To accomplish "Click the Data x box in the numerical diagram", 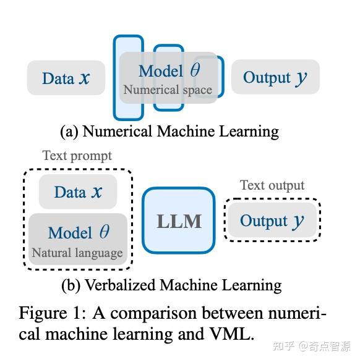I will pos(66,78).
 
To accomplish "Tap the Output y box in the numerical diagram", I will pos(275,77).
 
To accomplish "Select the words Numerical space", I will pos(167,90).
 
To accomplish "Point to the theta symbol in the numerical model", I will pos(195,70).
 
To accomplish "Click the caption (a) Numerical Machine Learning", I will pos(169,131).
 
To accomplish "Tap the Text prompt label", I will pos(77,155).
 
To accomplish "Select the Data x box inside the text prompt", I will pos(77,192).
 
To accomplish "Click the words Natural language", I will pos(77,252).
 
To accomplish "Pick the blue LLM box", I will pos(179,221).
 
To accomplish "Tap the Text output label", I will pos(272,185).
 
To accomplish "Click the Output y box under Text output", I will pos(272,221).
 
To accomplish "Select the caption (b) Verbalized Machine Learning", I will pos(171,285).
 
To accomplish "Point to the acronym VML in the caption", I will pos(229,334).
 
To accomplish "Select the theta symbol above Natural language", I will pos(104,232).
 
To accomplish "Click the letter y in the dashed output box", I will pos(299,222).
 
